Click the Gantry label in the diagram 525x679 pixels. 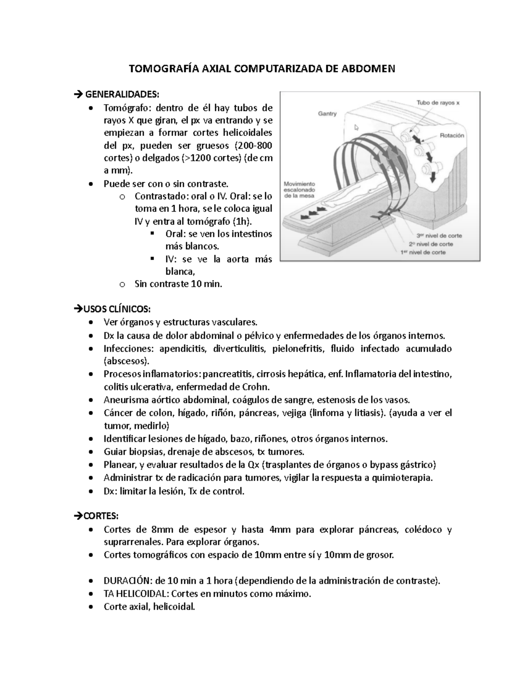(327, 114)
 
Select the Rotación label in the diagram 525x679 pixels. (451, 136)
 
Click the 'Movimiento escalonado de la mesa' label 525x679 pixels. (299, 190)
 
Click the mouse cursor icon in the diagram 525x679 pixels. (356, 127)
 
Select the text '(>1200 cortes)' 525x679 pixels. (210, 158)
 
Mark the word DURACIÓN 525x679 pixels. (126, 581)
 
